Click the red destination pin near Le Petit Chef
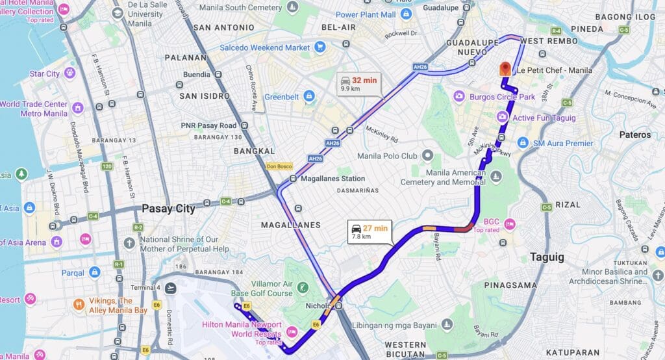pyautogui.click(x=505, y=69)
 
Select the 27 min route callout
pyautogui.click(x=370, y=232)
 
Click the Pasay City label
pyautogui.click(x=168, y=209)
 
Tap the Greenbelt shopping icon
pyautogui.click(x=309, y=97)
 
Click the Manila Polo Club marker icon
pyautogui.click(x=427, y=156)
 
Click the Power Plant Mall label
pyautogui.click(x=366, y=14)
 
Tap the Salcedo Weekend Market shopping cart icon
pyautogui.click(x=320, y=47)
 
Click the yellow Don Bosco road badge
pyautogui.click(x=279, y=166)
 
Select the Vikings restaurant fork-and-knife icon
pyautogui.click(x=79, y=304)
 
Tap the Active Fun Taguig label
pyautogui.click(x=544, y=118)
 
